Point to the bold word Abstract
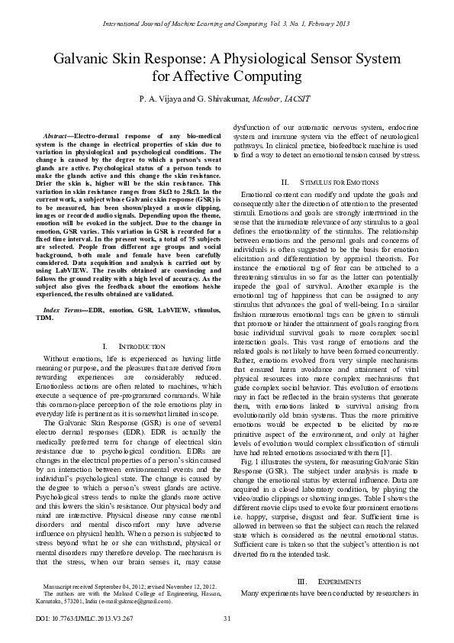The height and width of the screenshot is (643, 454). coord(59,134)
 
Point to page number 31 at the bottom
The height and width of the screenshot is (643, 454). coord(227,617)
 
